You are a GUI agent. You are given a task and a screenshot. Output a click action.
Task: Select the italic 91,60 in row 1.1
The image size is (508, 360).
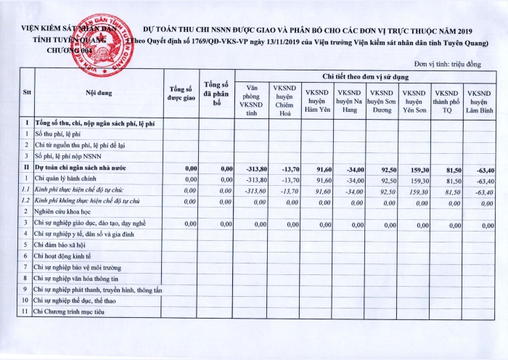[x=323, y=190]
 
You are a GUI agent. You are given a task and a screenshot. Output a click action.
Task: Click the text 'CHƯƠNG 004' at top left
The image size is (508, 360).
[x=70, y=51]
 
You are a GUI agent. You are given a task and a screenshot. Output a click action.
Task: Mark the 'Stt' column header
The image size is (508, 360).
[x=27, y=93]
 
